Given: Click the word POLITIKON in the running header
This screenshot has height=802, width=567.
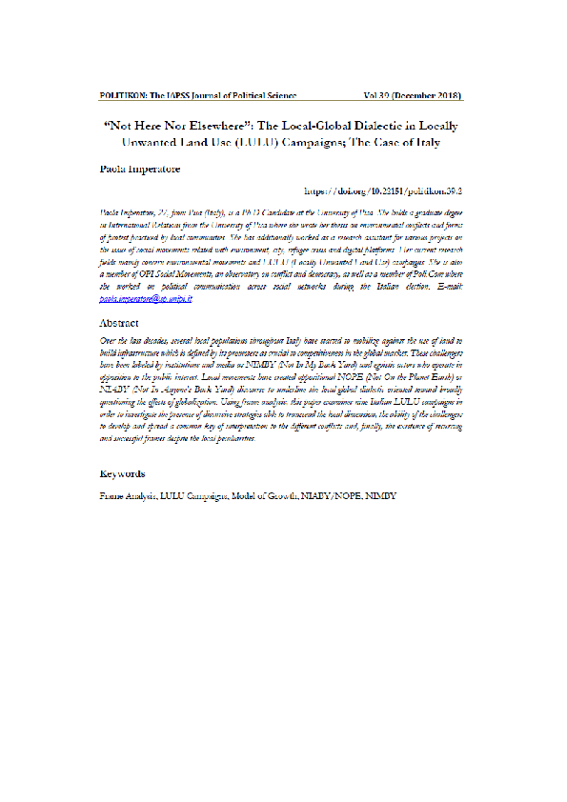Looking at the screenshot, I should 122,96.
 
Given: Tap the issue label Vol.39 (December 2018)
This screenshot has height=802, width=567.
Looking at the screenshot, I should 413,96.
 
